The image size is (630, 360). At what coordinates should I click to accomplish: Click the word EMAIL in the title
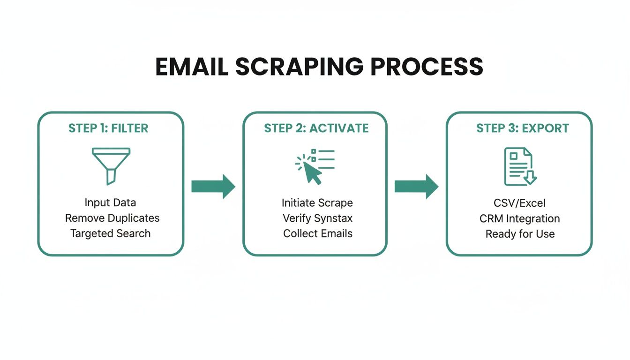191,67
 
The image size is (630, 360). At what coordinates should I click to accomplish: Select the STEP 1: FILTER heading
108,128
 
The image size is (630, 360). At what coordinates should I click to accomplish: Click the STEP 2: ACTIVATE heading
316,128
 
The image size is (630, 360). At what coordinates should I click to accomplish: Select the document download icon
519,166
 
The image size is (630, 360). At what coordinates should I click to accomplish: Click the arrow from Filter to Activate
213,187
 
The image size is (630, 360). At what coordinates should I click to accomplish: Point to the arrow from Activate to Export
416,187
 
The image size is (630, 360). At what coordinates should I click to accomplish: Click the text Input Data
110,202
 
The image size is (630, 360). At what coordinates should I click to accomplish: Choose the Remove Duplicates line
112,218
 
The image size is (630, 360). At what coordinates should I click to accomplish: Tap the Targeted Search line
111,233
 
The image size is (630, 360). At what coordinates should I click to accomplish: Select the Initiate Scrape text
317,202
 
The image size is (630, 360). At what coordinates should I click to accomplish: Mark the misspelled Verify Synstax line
317,218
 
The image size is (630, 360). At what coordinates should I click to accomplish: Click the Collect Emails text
317,233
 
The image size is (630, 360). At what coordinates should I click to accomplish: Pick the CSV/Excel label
519,203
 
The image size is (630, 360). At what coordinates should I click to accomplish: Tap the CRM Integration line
519,218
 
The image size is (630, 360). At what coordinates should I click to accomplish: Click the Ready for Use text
519,234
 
